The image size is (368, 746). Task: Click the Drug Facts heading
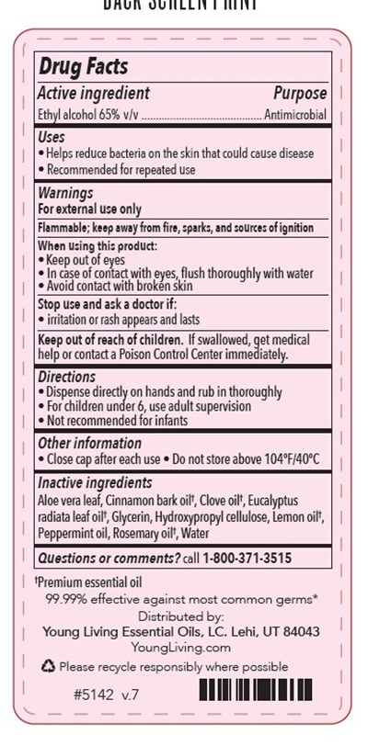click(82, 67)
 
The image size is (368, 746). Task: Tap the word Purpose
click(299, 94)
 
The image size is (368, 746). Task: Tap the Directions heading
click(66, 377)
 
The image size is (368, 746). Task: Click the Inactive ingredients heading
click(94, 483)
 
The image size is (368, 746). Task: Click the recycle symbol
click(49, 666)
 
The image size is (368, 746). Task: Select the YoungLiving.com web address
click(181, 647)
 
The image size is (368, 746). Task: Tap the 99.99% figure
click(64, 599)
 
